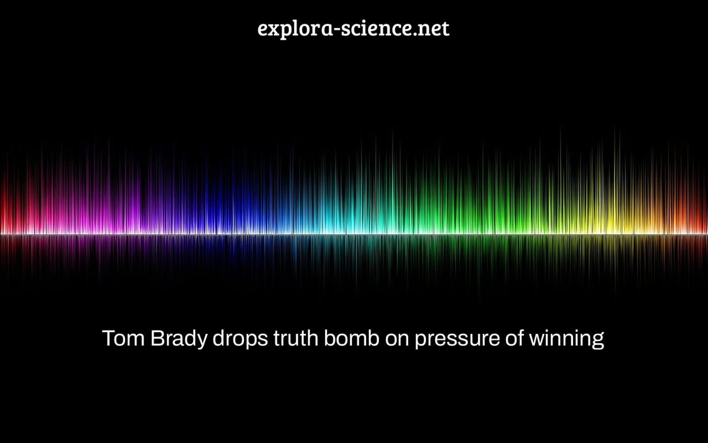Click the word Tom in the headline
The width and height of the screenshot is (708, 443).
123,339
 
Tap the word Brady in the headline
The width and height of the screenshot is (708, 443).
179,339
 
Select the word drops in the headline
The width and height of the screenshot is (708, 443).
240,339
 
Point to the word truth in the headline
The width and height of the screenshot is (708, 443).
296,338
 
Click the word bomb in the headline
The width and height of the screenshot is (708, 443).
352,338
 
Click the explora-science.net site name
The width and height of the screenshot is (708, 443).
353,29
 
